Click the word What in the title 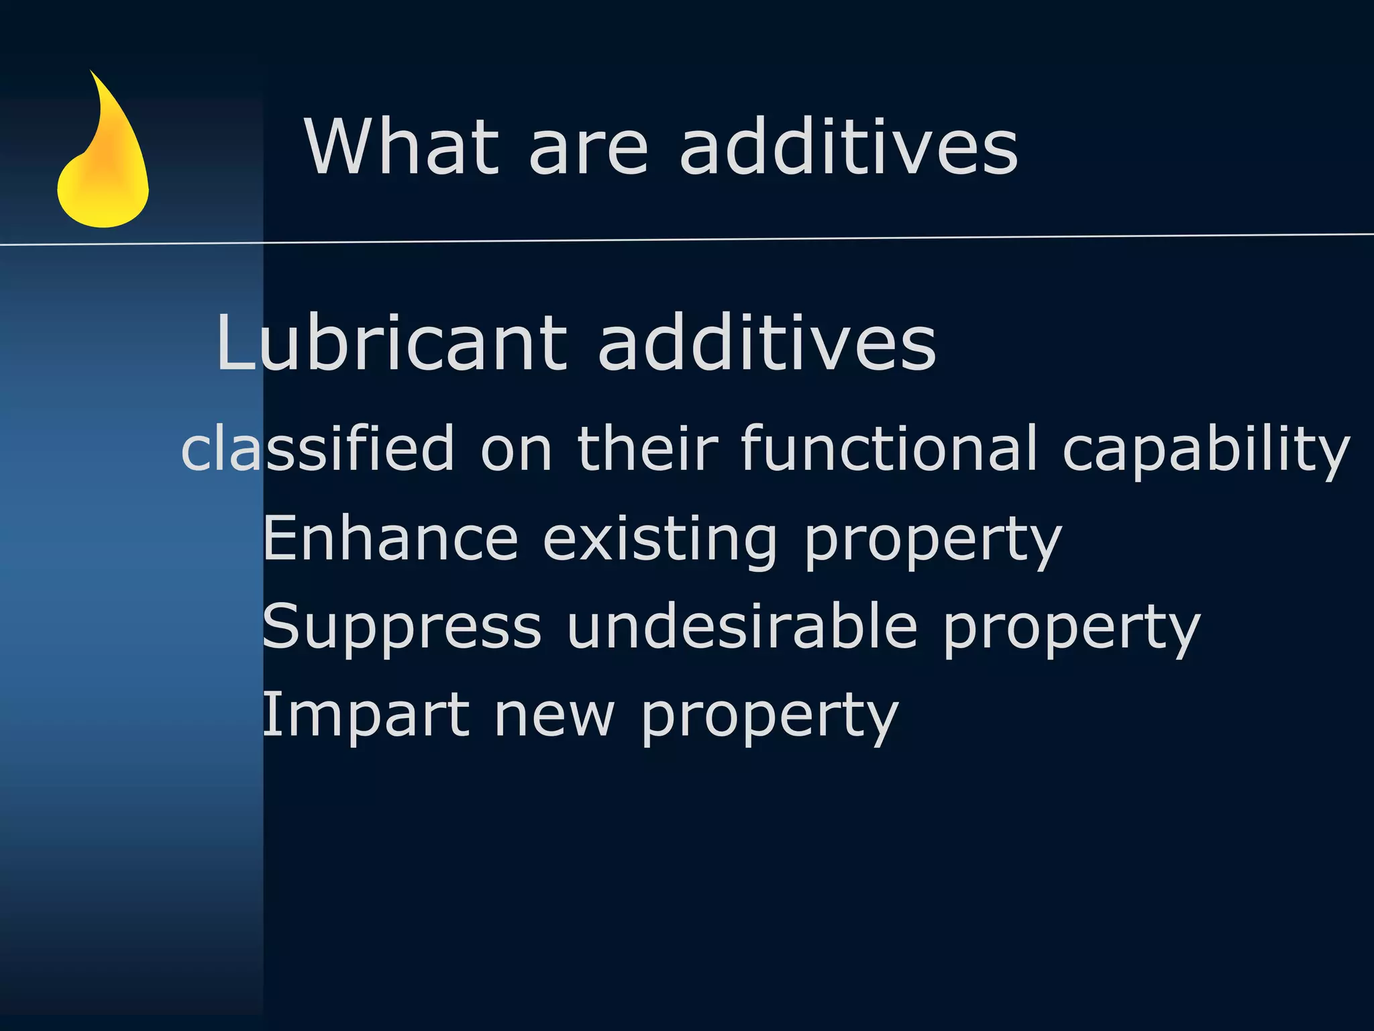tap(402, 146)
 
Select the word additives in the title tap(849, 146)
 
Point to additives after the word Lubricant tap(766, 343)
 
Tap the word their tap(647, 448)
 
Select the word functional tap(889, 448)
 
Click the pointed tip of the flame tap(91, 72)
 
